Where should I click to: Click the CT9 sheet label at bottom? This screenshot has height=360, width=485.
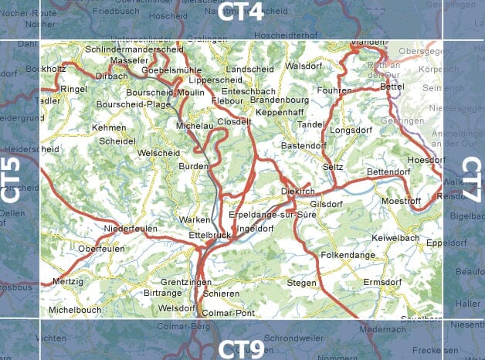(241, 348)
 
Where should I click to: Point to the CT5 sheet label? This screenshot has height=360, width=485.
(11, 179)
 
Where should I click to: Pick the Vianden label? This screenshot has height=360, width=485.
(368, 43)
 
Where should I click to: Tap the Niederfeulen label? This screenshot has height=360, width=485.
(131, 229)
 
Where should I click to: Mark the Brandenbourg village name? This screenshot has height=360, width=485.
(280, 100)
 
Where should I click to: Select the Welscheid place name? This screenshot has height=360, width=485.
(158, 153)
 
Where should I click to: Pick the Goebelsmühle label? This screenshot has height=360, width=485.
(171, 70)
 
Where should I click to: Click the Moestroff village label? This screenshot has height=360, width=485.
(401, 201)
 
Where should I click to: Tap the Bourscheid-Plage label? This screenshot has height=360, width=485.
(134, 104)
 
